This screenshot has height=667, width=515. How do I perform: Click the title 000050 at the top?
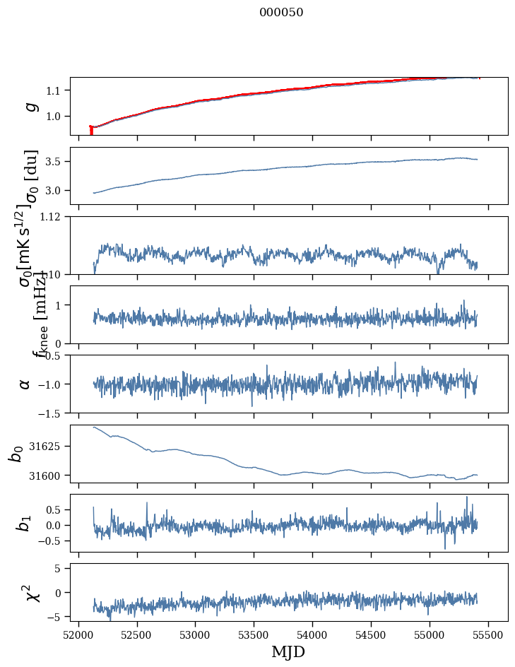281,13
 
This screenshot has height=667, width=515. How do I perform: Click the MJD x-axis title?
288,651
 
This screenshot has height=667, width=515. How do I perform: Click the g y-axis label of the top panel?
30,106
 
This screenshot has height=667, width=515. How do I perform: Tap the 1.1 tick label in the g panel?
54,90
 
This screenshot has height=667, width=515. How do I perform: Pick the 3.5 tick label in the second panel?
54,162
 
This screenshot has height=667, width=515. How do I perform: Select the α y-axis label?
25,384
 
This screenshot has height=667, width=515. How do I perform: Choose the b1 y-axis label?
25,524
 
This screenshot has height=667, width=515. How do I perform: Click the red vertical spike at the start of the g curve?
91,130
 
